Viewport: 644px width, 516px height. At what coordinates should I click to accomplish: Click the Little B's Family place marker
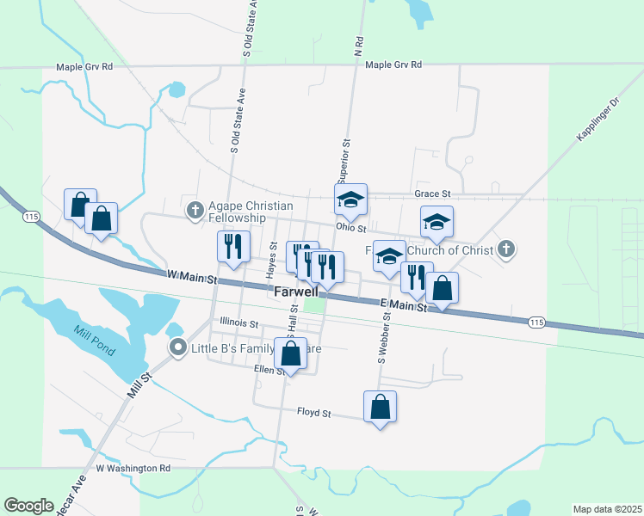177,347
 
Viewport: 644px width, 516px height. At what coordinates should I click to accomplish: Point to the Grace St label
432,194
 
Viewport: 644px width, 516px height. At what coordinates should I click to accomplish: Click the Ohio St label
351,229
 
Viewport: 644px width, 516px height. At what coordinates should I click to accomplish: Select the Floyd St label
314,413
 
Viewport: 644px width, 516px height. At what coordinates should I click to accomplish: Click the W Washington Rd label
133,469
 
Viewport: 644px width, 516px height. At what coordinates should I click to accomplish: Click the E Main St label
404,304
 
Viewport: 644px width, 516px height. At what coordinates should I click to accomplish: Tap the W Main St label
192,277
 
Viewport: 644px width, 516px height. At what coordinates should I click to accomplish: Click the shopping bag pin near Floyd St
380,408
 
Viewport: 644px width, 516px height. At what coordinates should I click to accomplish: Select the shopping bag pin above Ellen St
291,353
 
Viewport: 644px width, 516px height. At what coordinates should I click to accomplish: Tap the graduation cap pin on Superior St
350,200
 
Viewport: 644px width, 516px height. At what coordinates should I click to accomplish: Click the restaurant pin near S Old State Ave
232,248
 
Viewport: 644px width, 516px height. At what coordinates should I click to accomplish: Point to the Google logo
28,506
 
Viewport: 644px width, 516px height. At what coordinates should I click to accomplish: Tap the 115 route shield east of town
536,322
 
